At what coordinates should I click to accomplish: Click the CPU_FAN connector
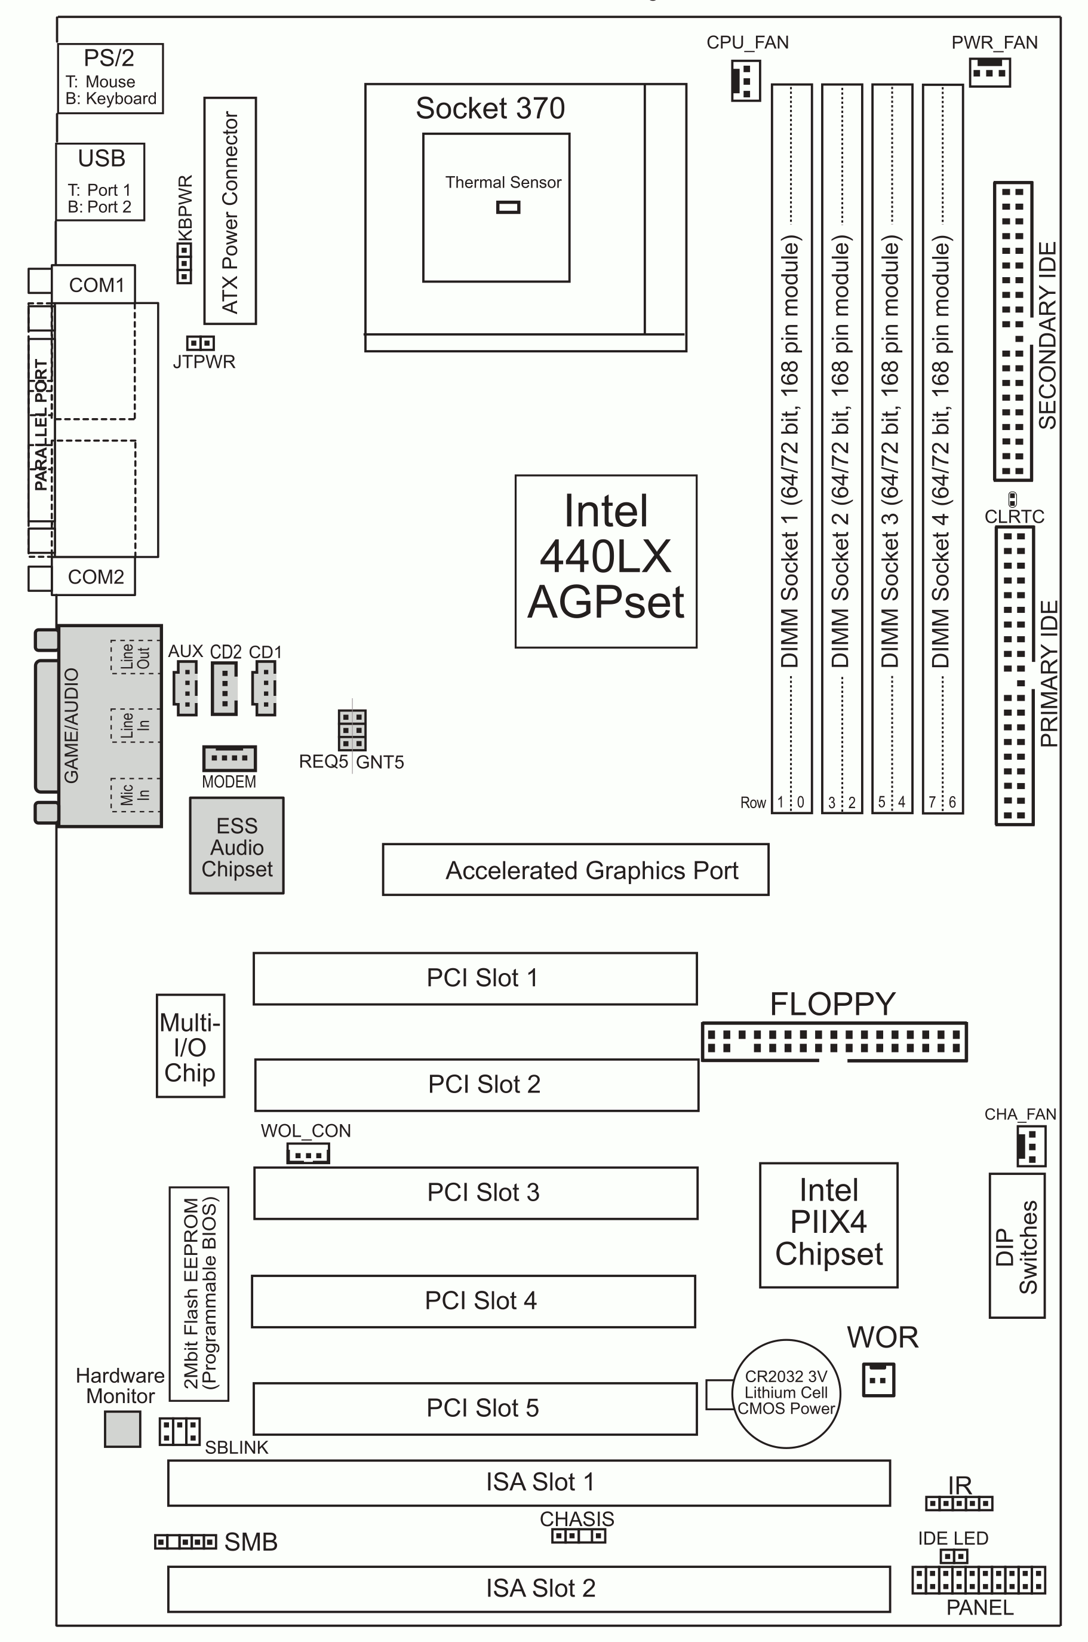point(745,81)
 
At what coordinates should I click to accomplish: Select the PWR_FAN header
point(989,72)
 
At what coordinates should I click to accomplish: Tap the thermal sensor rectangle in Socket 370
point(508,207)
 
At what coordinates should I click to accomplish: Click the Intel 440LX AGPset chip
point(606,561)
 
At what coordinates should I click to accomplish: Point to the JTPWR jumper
point(201,343)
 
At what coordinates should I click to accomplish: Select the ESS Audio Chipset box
point(236,846)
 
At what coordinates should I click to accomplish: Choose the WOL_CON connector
point(308,1153)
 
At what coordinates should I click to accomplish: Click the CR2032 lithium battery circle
point(786,1394)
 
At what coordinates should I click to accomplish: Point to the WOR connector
point(878,1380)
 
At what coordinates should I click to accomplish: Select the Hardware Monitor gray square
point(122,1429)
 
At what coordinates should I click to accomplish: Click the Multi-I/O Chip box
point(190,1046)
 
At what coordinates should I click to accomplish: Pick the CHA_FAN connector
point(1031,1146)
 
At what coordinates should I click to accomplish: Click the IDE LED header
point(954,1557)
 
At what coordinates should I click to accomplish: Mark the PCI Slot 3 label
point(483,1192)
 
